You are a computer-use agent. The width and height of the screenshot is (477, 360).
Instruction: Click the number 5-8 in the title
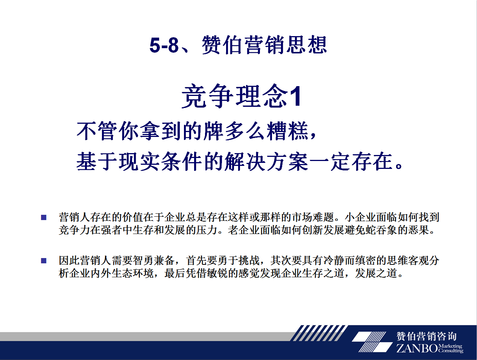(164, 45)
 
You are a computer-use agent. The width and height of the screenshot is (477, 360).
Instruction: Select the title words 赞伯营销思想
(264, 45)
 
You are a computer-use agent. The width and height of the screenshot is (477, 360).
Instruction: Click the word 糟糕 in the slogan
(287, 131)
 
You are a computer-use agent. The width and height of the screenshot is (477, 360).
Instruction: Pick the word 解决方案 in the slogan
(266, 161)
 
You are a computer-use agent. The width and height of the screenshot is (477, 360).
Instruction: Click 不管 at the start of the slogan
(97, 131)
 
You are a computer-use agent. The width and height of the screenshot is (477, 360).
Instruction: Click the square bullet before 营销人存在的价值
(44, 217)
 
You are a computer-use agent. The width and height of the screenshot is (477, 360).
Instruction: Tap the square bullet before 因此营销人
(44, 261)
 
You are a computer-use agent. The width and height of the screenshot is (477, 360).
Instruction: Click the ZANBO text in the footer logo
(417, 348)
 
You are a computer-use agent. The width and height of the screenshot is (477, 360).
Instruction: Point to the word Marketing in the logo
(450, 346)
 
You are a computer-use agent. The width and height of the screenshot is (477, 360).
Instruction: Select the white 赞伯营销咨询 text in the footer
(426, 336)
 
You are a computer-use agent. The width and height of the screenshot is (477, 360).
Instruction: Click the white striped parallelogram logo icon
(372, 342)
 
